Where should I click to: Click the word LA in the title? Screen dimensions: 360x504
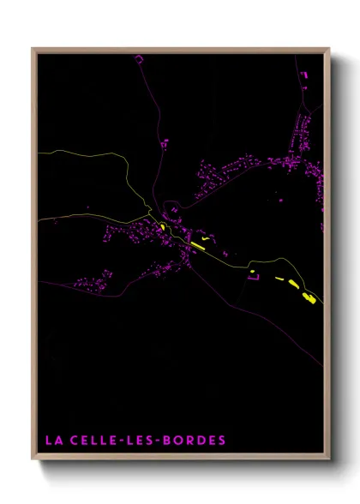52,440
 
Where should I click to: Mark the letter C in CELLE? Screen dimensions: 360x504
73,440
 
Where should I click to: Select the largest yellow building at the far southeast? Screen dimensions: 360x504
309,297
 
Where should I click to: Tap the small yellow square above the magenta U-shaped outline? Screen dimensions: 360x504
252,272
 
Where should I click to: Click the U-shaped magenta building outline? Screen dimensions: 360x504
254,278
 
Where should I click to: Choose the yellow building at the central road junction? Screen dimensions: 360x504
163,227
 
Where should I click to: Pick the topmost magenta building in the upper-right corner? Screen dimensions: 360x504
303,75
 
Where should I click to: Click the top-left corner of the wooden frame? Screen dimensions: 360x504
33,49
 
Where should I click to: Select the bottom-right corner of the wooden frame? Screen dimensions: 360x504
329,459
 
